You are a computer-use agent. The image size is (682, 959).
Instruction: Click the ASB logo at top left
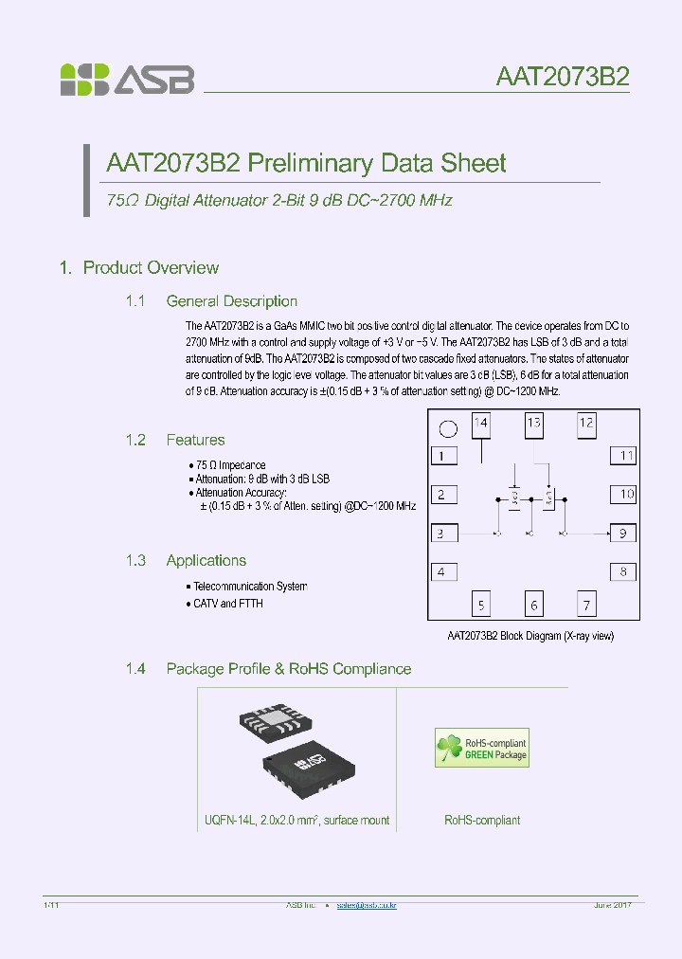click(127, 80)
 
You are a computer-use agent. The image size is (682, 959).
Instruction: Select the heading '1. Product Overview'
click(139, 268)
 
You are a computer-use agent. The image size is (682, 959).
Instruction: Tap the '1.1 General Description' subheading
click(211, 301)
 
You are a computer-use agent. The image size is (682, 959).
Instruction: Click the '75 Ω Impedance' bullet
click(230, 465)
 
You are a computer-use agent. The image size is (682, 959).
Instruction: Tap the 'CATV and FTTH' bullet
click(227, 604)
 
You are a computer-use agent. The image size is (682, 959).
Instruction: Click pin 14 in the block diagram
click(481, 424)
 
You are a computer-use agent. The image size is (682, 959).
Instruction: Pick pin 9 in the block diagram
click(622, 534)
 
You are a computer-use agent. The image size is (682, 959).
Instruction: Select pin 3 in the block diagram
click(442, 534)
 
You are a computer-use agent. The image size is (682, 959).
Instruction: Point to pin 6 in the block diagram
click(534, 605)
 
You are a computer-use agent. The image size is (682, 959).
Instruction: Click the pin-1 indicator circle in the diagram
click(449, 428)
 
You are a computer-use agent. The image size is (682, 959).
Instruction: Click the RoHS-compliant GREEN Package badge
click(481, 748)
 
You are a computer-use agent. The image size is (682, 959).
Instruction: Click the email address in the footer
click(367, 906)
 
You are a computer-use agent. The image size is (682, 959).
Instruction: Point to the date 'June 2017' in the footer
click(612, 906)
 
